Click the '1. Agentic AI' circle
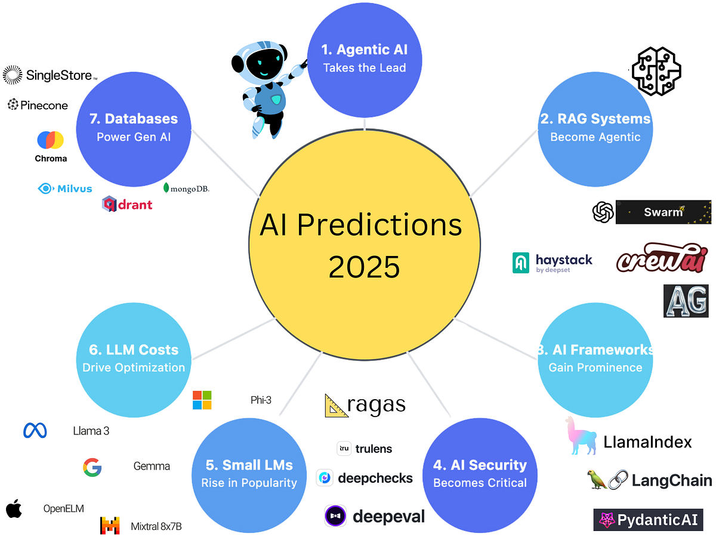365,58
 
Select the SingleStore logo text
58,75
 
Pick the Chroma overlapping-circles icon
51,140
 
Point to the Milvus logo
65,189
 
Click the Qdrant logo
127,204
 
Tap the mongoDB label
186,189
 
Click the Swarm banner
663,212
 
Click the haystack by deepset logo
553,263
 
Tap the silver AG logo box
686,301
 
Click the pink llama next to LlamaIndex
579,436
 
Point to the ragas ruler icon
337,405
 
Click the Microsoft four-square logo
202,400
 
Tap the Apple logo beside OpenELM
14,509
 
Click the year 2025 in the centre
364,267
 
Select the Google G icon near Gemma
92,467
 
